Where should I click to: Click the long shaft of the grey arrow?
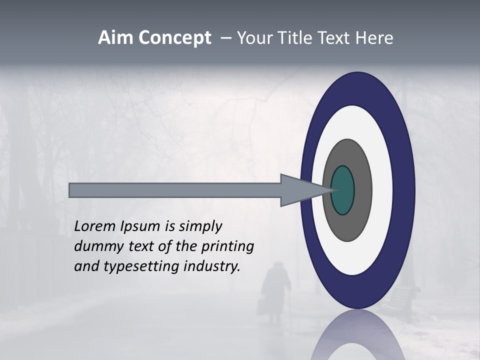[x=175, y=190]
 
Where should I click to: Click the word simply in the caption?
[x=200, y=226]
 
